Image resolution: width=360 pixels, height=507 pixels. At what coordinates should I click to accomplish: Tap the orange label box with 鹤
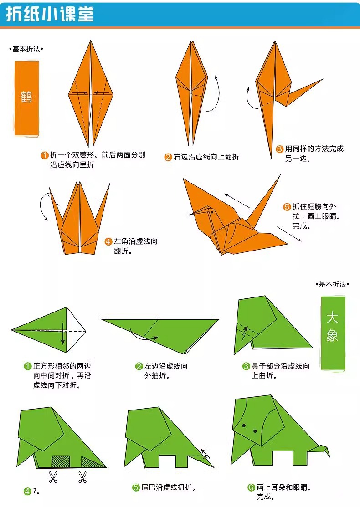pos(26,97)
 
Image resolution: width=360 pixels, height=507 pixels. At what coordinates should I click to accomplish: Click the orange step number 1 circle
pos(45,155)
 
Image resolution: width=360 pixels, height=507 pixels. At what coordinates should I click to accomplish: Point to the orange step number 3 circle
pos(279,149)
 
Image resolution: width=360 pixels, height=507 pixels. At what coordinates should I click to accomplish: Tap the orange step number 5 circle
pos(287,207)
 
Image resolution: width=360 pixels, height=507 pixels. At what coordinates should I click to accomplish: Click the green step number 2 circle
pos(139,366)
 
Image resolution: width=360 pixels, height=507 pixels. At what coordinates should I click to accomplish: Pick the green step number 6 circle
pos(251,488)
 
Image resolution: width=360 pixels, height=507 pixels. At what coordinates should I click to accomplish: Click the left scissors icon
pos(53,477)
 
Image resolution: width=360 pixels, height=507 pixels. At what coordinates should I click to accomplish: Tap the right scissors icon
pos(82,477)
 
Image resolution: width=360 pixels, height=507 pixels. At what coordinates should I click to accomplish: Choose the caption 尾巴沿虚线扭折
pos(168,488)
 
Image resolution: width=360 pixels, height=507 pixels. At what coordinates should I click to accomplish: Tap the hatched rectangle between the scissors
pos(60,461)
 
